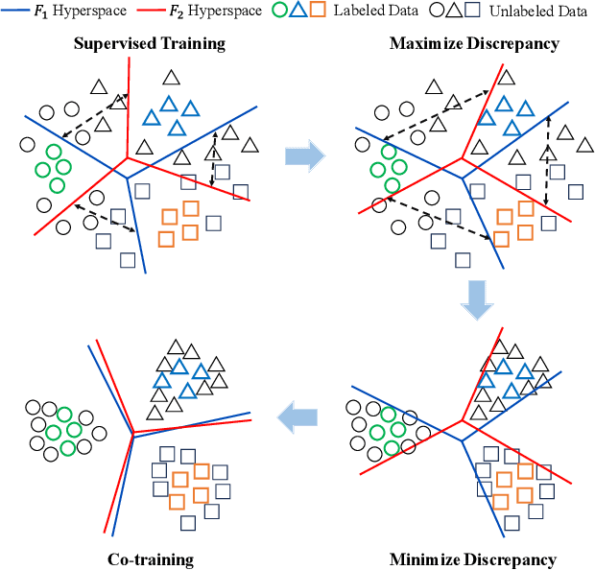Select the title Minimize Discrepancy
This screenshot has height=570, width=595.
473,559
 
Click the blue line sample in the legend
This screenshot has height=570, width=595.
16,12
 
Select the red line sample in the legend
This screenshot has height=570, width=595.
154,12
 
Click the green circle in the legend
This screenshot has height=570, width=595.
280,12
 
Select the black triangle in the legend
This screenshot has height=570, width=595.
454,12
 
